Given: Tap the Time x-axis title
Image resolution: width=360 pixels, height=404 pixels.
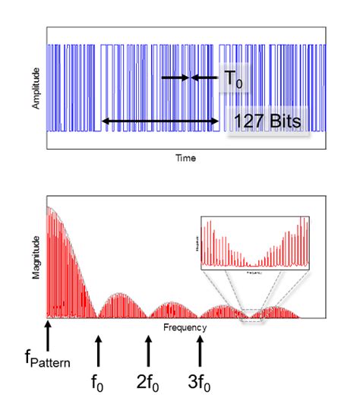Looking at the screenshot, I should pos(185,158).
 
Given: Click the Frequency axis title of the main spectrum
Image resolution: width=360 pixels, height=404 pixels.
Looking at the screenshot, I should pos(185,327).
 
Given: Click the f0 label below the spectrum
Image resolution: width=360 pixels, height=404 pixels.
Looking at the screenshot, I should pos(97,383).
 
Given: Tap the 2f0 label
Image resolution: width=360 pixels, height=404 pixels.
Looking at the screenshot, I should pos(148,383).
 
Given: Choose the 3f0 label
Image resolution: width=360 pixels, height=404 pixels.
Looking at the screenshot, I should pos(200,383).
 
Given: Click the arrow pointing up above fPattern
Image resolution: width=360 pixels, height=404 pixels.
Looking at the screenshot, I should pos(47,335).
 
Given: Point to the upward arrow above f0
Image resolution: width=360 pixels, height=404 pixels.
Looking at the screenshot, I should pos(97,352).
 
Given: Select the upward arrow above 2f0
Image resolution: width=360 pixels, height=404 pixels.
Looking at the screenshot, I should pos(148,352).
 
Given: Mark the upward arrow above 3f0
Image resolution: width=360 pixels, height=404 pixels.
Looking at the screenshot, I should pos(200,352).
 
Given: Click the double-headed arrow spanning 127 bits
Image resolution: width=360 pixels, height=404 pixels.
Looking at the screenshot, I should pos(159,121).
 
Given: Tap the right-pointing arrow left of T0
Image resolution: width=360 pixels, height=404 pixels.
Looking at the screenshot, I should pos(173,77).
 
